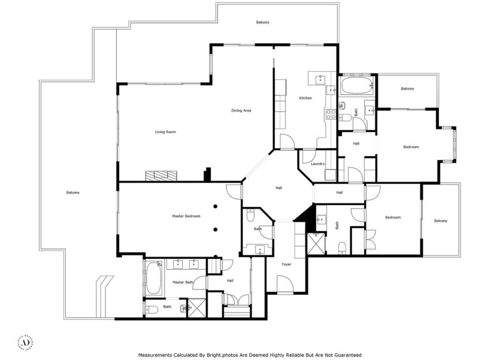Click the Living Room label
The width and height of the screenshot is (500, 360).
click(165, 132)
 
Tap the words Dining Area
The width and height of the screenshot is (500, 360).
click(241, 110)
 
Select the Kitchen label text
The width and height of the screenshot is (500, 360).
click(305, 98)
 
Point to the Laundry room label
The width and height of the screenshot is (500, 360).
click(318, 164)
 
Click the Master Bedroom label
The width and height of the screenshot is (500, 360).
click(186, 216)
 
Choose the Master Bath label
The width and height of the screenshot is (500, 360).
click(182, 282)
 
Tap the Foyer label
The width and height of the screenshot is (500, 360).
click(286, 264)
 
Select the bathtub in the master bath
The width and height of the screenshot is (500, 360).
click(154, 279)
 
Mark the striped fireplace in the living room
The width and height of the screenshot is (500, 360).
click(161, 175)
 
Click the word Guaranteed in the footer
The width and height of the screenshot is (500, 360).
click(346, 355)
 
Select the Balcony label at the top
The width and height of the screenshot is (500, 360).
click(263, 22)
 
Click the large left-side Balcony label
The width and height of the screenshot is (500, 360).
click(73, 192)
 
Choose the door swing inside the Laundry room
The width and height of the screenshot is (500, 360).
click(308, 156)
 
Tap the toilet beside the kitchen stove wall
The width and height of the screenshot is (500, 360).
click(343, 106)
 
